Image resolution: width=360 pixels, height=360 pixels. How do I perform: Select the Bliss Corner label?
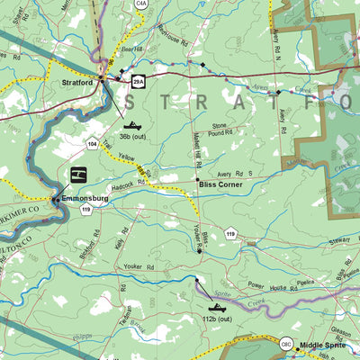pos(222,183)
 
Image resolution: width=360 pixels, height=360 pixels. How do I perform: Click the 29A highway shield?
pos(138,82)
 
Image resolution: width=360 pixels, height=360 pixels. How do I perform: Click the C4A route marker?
pos(141,4)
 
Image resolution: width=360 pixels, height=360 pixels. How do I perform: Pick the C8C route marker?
pos(285,344)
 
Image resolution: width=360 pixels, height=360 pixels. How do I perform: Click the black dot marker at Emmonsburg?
pos(56,199)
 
